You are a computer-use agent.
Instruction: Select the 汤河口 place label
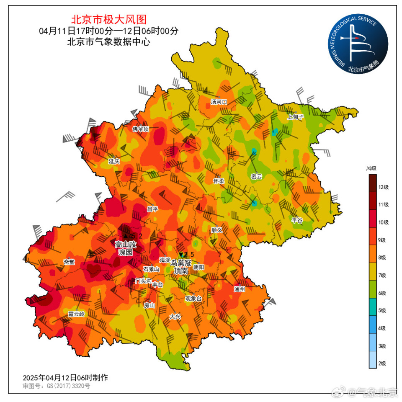pyautogui.click(x=219, y=102)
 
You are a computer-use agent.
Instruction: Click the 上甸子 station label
pyautogui.click(x=295, y=117)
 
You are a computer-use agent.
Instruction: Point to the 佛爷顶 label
pyautogui.click(x=141, y=129)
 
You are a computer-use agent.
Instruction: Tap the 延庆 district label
pyautogui.click(x=114, y=161)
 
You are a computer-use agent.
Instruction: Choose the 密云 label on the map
pyautogui.click(x=256, y=177)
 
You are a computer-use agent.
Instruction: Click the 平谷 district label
pyautogui.click(x=297, y=220)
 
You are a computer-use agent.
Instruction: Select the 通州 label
pyautogui.click(x=239, y=289)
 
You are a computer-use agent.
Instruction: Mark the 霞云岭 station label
pyautogui.click(x=76, y=314)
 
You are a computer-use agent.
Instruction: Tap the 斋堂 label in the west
pyautogui.click(x=69, y=262)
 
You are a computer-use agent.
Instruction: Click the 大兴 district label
pyautogui.click(x=175, y=317)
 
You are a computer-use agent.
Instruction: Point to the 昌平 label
pyautogui.click(x=152, y=209)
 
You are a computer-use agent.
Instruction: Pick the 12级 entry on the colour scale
pyautogui.click(x=384, y=187)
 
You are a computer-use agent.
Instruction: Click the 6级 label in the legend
pyautogui.click(x=382, y=293)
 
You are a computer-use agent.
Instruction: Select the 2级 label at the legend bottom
pyautogui.click(x=382, y=363)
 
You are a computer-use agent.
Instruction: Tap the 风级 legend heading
pyautogui.click(x=371, y=168)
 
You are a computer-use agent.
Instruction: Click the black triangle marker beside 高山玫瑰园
pyautogui.click(x=125, y=236)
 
